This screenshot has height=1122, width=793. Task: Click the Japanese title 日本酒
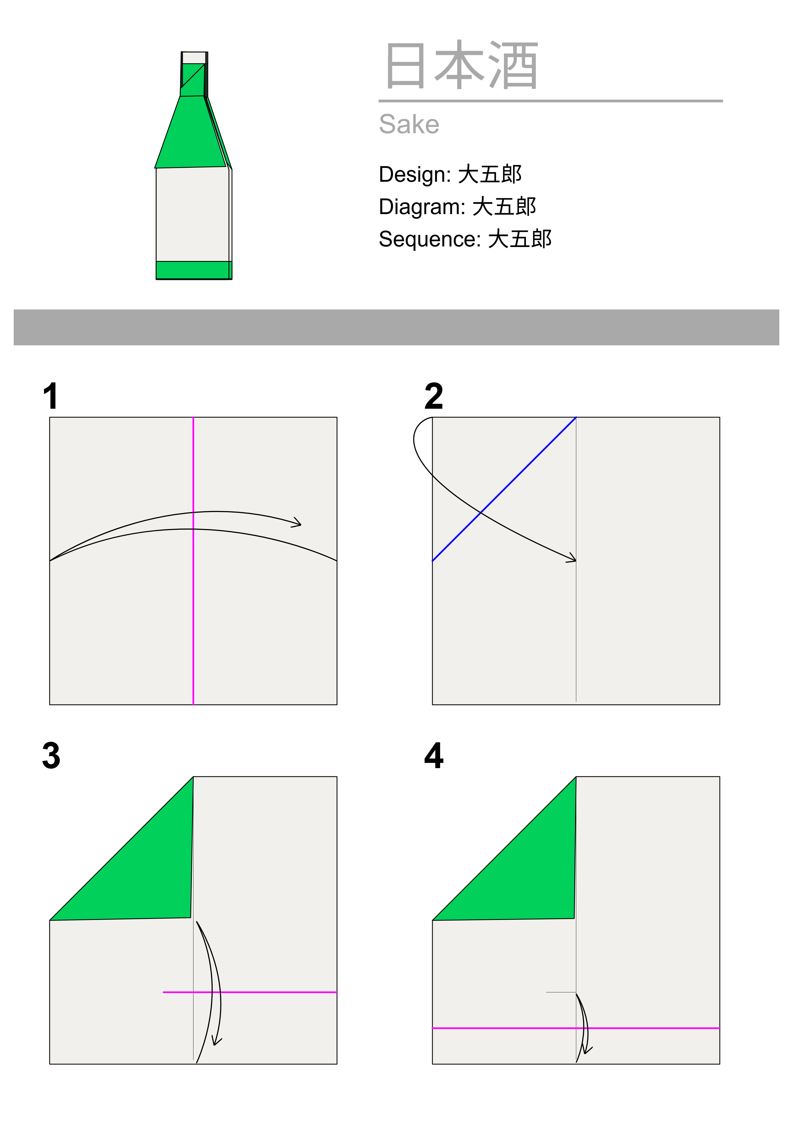click(x=461, y=66)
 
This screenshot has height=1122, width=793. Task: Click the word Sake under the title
click(x=409, y=124)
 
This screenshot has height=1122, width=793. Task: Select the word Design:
click(x=415, y=174)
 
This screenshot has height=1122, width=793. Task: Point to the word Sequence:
click(x=429, y=239)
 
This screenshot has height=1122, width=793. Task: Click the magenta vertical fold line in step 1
click(x=193, y=561)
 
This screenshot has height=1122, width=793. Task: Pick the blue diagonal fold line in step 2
click(x=504, y=489)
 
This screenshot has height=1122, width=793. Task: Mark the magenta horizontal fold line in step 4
click(x=576, y=1028)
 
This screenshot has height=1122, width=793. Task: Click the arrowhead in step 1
click(x=297, y=523)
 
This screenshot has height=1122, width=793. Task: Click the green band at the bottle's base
click(x=194, y=270)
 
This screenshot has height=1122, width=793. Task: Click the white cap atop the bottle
click(x=194, y=58)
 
